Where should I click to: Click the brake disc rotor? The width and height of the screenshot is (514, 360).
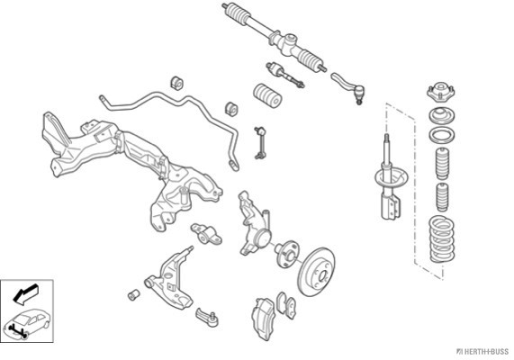click(317, 272)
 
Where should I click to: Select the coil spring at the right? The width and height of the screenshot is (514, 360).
click(442, 239)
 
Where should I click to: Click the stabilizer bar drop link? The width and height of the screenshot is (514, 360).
click(260, 142)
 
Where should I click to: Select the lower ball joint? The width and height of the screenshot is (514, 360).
click(207, 317)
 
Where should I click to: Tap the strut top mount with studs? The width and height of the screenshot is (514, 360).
click(442, 92)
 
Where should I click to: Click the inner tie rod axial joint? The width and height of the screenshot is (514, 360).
click(284, 75)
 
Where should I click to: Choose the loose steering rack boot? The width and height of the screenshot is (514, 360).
click(268, 95)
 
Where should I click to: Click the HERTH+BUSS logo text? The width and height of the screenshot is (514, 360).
click(483, 352)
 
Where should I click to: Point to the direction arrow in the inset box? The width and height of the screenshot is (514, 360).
click(26, 292)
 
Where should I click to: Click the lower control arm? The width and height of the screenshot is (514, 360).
click(170, 279)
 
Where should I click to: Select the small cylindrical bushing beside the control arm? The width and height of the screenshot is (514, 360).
click(134, 294)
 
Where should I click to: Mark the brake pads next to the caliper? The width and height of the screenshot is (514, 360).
click(286, 305)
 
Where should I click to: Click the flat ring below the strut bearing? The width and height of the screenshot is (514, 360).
click(442, 135)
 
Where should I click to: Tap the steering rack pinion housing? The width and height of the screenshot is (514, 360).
click(288, 42)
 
